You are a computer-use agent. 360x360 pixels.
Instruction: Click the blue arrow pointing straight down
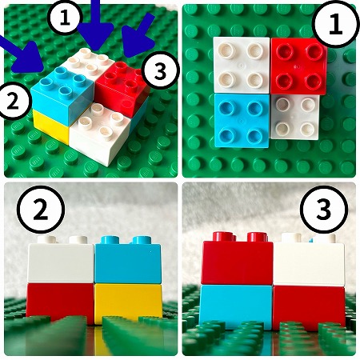(x=96, y=30)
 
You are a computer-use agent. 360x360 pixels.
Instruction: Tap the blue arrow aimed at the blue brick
(x=22, y=54)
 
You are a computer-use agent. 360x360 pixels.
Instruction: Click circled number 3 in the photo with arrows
(x=160, y=70)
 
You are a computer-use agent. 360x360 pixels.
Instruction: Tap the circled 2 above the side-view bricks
(x=41, y=210)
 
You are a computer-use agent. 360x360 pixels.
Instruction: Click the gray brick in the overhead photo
(x=295, y=117)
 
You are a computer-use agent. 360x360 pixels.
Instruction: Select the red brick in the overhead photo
(x=298, y=66)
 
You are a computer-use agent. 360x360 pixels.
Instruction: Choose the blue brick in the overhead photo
(x=242, y=121)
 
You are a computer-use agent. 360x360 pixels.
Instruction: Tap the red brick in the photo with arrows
(x=122, y=86)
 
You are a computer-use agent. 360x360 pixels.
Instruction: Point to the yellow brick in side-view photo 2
(x=128, y=302)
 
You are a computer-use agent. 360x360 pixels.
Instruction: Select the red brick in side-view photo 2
(x=60, y=302)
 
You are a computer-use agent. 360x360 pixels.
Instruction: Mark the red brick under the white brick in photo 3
(x=309, y=307)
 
